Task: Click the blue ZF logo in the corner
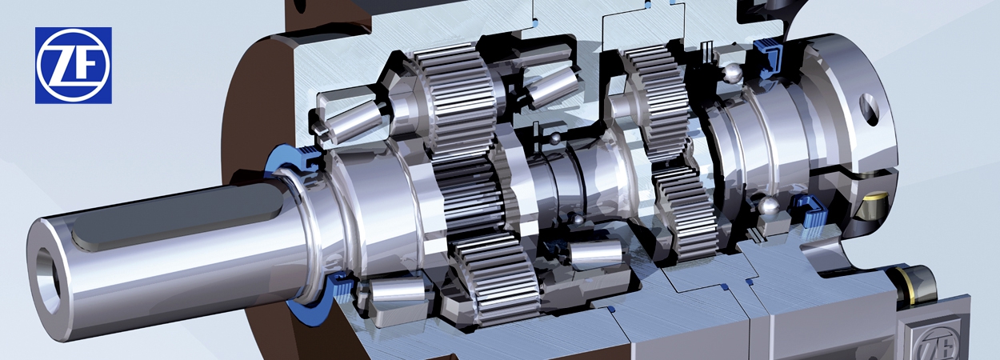(73, 65)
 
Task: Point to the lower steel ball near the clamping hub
(769, 207)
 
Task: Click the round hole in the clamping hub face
(869, 105)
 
